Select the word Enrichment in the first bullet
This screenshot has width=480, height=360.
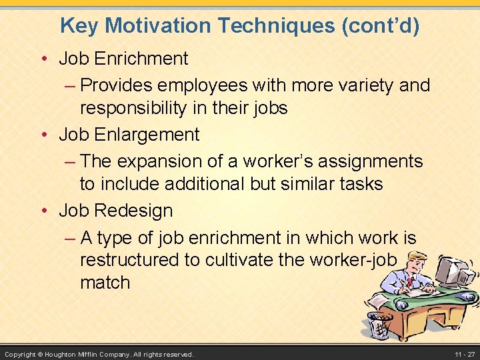[141, 59]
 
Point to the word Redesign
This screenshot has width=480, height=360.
[133, 211]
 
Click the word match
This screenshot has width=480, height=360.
[105, 283]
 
